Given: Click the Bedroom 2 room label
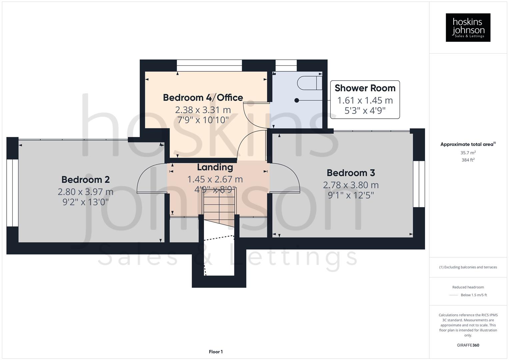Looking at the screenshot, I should point(85,180).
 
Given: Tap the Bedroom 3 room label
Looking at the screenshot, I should point(351,173).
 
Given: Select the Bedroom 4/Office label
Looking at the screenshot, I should point(203,98).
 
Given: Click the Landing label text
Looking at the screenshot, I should point(215,167).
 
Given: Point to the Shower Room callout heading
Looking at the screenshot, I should point(365,88).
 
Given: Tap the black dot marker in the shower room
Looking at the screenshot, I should point(296,100).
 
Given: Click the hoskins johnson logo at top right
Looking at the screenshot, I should point(468,28).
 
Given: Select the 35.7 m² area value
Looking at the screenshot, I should point(468,153).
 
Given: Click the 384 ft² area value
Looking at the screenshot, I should point(468,160).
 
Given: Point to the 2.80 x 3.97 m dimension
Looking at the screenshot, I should point(85,192).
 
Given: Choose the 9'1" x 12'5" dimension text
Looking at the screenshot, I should point(351,195).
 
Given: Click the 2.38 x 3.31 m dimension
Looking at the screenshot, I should point(203,110).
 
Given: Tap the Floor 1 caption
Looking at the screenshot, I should point(216,352).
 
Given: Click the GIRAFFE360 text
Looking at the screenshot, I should point(468,345).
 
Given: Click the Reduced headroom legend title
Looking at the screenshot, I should point(468,287).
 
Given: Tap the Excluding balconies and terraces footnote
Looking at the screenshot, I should point(468,267).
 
